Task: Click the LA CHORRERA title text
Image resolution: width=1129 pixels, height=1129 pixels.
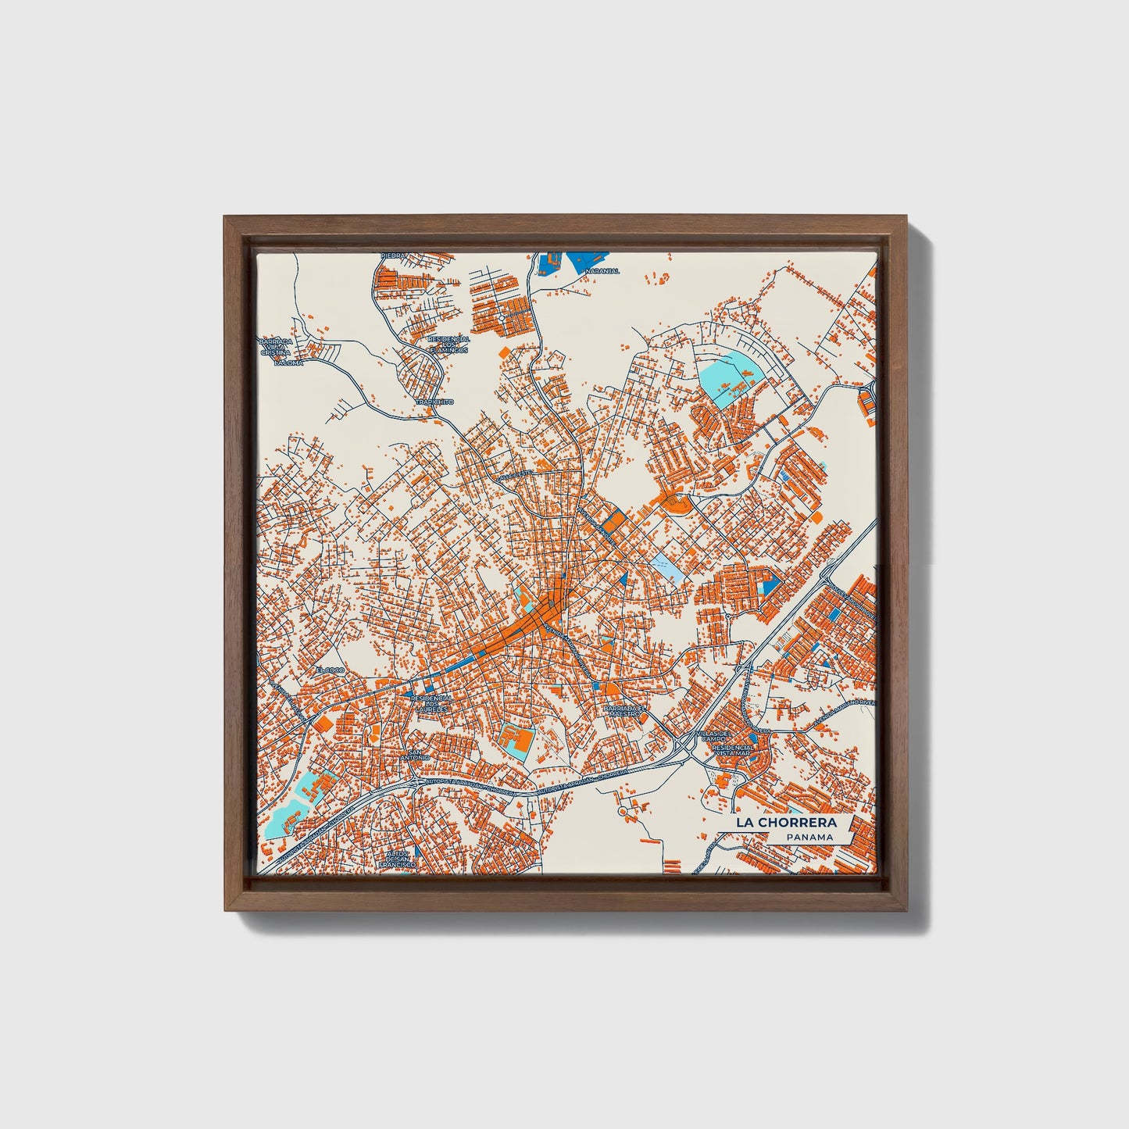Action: (x=784, y=823)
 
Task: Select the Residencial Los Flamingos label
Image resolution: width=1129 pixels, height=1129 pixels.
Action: (x=448, y=345)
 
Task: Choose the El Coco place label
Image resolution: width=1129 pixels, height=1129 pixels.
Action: (x=329, y=670)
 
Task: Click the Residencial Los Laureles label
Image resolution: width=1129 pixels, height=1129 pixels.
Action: (x=431, y=703)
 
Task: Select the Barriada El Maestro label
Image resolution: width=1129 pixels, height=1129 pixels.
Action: (x=627, y=710)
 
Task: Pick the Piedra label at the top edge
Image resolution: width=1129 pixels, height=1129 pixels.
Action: (x=394, y=255)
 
